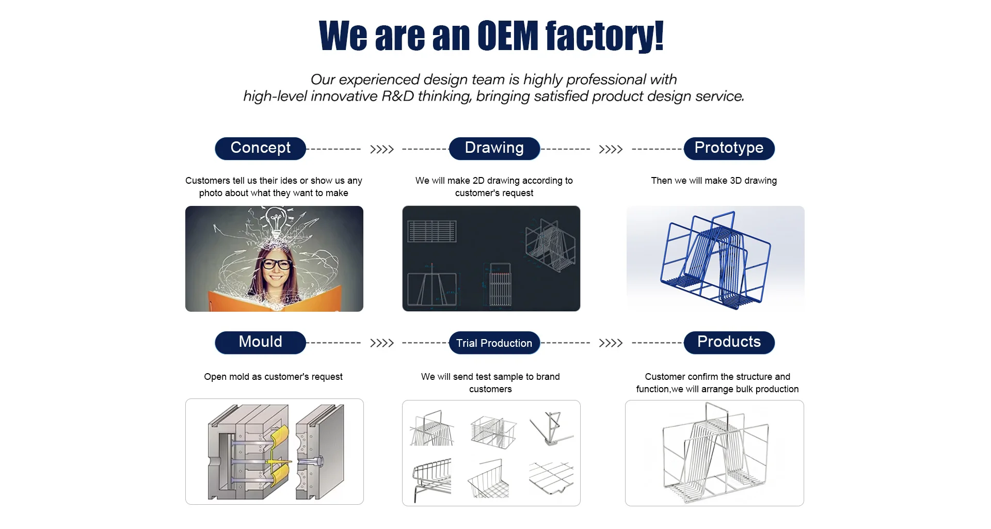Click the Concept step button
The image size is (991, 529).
point(260,148)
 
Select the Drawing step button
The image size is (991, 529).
point(494,148)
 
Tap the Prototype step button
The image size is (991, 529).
point(729,148)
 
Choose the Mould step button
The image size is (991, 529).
point(260,342)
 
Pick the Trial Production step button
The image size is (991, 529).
point(494,343)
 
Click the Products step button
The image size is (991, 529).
point(729,342)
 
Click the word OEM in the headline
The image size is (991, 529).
point(508,36)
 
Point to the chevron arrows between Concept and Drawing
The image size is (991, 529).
point(382,150)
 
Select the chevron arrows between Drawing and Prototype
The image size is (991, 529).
point(611,150)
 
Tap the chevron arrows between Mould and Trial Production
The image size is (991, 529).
point(382,343)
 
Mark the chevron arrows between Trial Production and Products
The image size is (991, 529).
point(611,343)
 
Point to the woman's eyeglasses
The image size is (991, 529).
point(277,264)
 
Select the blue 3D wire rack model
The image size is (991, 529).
point(715,260)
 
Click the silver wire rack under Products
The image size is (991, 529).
point(715,453)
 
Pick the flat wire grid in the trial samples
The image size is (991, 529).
point(551,477)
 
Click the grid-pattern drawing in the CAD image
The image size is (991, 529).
point(431,231)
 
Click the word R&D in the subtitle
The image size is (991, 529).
point(397,97)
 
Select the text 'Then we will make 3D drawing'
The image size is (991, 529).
point(714,181)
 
